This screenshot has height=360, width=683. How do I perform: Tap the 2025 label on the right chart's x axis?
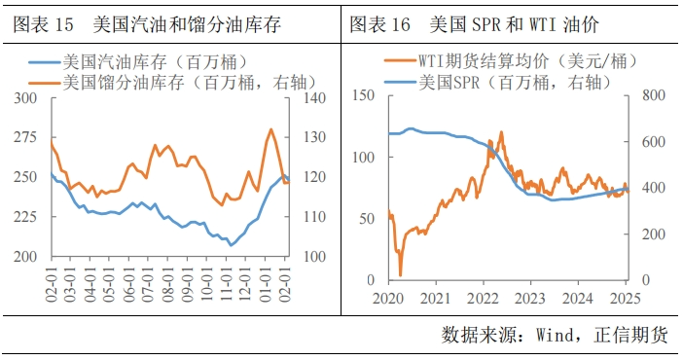click(626, 297)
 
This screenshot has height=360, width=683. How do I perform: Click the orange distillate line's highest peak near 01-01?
click(270, 129)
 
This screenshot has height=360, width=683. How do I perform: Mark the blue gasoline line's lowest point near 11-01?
click(231, 244)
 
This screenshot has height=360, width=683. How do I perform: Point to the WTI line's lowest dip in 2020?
click(400, 274)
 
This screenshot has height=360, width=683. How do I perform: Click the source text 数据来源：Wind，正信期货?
click(555, 335)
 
